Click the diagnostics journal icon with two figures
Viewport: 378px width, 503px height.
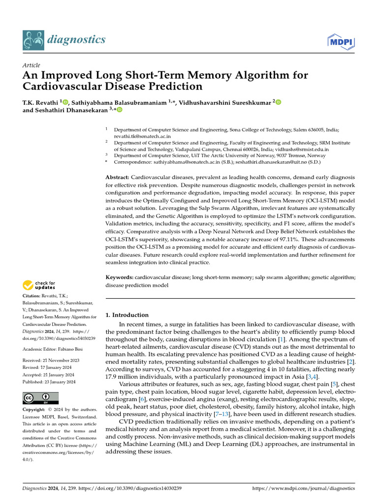(33, 40)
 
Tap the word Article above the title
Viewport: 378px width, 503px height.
(31, 65)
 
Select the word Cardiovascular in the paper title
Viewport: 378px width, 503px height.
(64, 86)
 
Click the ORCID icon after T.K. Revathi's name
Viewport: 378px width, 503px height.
(66, 102)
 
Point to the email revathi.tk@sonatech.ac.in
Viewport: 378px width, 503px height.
(142, 136)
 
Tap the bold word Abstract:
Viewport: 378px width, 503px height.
(118, 177)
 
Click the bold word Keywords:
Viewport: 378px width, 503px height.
(120, 278)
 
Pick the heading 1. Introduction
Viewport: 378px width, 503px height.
(127, 315)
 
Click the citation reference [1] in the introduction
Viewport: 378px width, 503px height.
(281, 339)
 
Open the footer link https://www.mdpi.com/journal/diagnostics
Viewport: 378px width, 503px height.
(303, 488)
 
